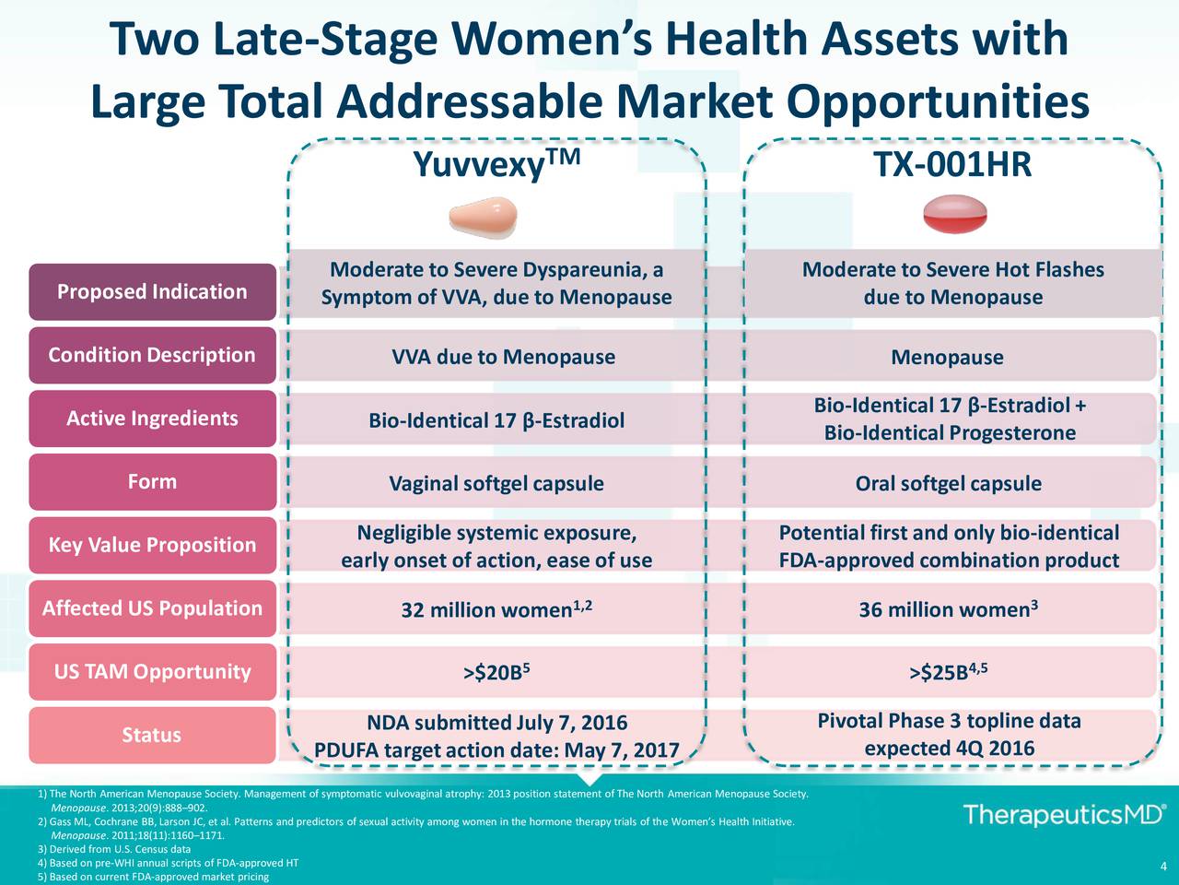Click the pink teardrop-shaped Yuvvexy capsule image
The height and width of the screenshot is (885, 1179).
(x=483, y=217)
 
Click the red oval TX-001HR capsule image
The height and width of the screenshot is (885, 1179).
(x=954, y=215)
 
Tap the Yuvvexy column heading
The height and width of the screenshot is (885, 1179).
(x=496, y=166)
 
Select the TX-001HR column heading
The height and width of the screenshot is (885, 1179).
(x=952, y=166)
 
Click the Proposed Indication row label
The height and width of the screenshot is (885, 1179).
(x=152, y=292)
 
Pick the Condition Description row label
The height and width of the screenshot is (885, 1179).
(x=152, y=355)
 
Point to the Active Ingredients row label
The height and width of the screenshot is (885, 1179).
(x=152, y=419)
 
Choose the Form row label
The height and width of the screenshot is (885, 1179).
(x=152, y=481)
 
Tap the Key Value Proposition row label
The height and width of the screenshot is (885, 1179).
(x=152, y=545)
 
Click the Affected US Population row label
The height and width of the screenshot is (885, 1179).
(x=152, y=608)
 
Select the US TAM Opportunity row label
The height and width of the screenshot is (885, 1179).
(x=152, y=671)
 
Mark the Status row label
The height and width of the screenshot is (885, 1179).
(x=152, y=735)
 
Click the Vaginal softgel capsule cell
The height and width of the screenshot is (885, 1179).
(x=496, y=484)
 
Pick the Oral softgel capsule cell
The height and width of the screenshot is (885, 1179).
(x=949, y=484)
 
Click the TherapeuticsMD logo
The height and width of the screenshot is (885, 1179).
(x=1064, y=815)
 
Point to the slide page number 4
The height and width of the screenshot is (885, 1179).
(x=1164, y=866)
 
